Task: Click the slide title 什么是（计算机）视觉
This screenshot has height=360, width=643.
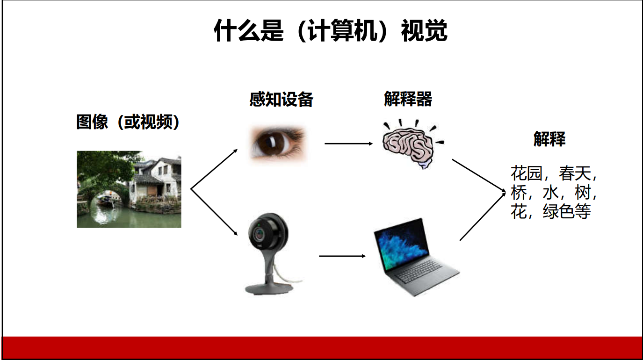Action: pos(331,31)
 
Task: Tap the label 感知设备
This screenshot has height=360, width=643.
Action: pos(282,99)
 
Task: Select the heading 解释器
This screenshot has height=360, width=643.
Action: pos(408,99)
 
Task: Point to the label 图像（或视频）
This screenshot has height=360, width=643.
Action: pos(128,122)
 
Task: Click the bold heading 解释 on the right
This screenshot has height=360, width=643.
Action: pos(549,139)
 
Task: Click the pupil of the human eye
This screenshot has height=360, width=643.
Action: pos(271,142)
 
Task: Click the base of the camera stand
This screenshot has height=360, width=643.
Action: pos(269,288)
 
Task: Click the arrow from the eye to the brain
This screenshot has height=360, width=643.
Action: pos(348,144)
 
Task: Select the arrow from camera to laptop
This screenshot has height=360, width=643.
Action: pos(342,256)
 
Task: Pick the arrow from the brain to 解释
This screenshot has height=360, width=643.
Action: pos(479,175)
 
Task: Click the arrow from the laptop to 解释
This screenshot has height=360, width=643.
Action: pos(483,216)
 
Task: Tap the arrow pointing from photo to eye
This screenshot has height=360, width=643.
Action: pos(214,169)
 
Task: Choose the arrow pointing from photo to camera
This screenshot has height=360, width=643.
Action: pos(214,212)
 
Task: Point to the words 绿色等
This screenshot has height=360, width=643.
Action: pos(567,212)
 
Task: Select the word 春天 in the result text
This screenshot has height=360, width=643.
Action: pos(575,173)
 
